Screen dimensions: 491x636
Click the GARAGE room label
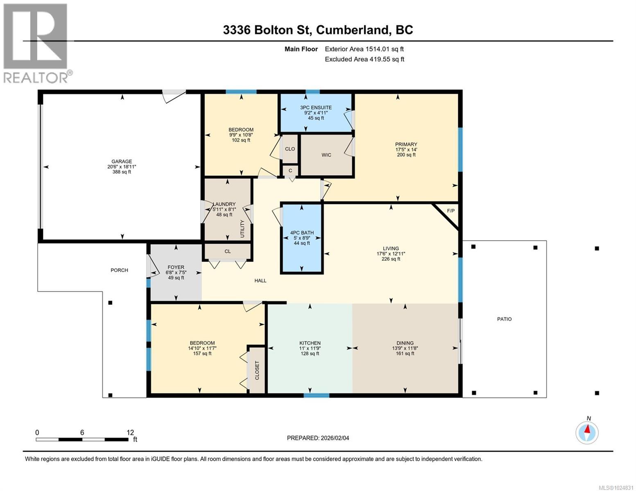(x=122, y=161)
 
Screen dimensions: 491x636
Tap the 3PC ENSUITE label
(x=316, y=108)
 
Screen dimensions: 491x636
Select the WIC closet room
(x=326, y=155)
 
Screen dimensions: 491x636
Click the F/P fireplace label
(x=450, y=211)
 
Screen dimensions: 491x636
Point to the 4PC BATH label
(x=301, y=233)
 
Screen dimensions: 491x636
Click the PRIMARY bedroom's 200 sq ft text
(x=406, y=155)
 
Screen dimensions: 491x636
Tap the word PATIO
(x=504, y=319)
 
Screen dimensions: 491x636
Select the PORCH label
(x=119, y=270)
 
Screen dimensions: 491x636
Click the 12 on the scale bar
(x=130, y=432)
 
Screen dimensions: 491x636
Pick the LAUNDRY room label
(x=224, y=204)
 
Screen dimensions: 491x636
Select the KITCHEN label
(x=310, y=343)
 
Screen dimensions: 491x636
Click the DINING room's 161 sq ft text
(x=405, y=354)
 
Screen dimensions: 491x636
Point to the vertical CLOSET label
(x=257, y=370)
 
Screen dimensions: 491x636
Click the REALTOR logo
(x=36, y=43)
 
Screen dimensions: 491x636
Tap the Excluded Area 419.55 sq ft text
(x=364, y=59)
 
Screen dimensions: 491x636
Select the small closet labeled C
(x=290, y=171)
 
